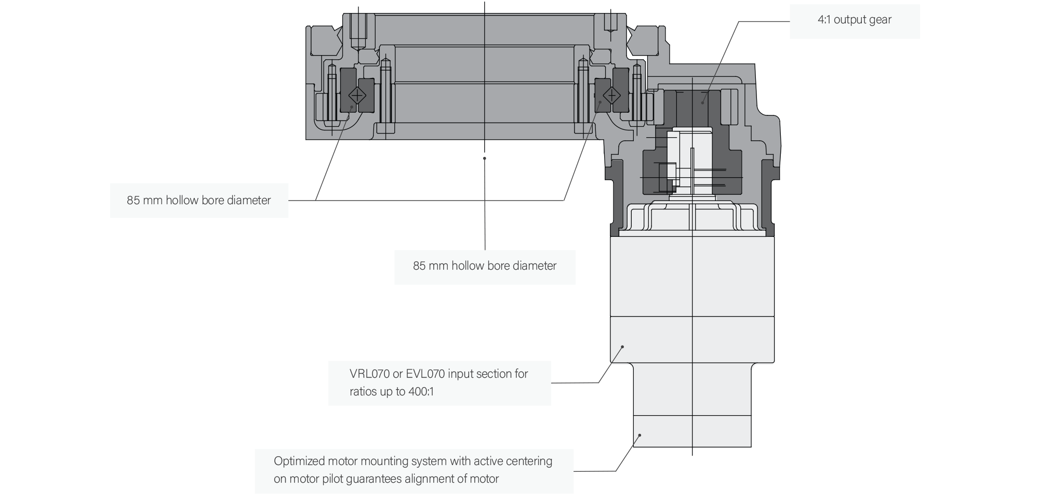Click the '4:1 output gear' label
(854, 20)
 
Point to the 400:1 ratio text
(418, 392)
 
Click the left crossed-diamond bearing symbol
(357, 95)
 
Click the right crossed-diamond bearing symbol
(612, 95)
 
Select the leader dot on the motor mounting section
(640, 435)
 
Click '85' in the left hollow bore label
(134, 201)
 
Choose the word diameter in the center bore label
(534, 266)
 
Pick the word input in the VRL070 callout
(460, 374)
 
